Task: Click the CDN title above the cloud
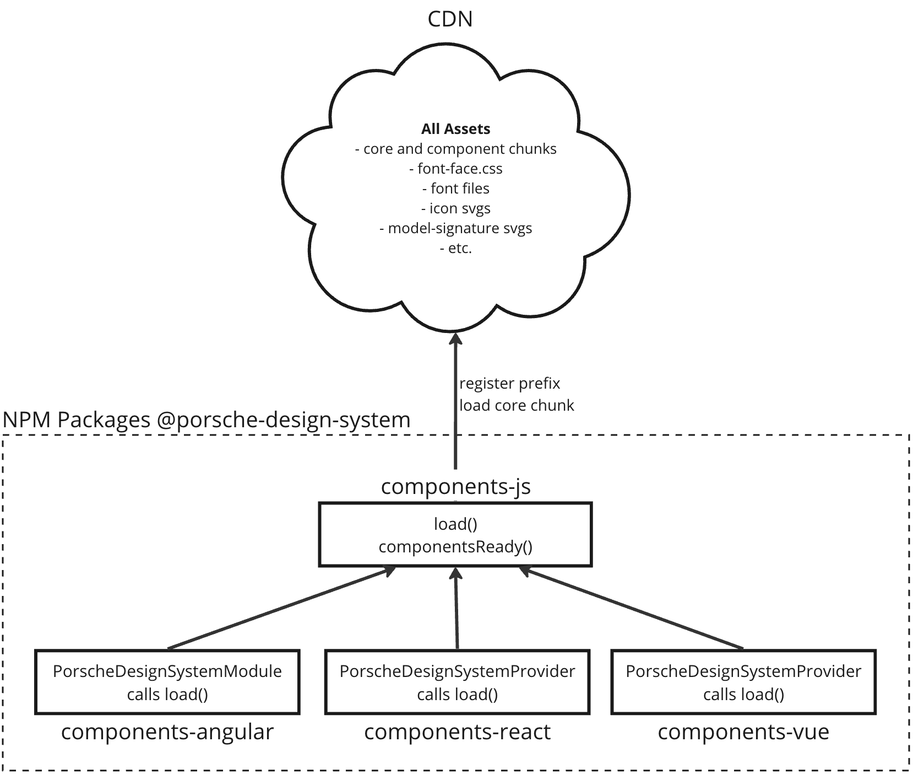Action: click(450, 19)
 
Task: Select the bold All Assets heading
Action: click(455, 129)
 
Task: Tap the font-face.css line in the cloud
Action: click(456, 169)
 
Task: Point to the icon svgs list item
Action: click(456, 208)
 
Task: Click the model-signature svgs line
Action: click(456, 228)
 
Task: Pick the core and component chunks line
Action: click(456, 149)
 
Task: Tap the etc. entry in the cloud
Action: click(456, 248)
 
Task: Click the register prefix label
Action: click(509, 383)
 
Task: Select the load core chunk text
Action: click(517, 405)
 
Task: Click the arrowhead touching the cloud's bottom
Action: click(455, 338)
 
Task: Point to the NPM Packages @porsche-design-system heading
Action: click(206, 420)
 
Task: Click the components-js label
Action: click(455, 486)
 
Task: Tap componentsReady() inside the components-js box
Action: click(455, 547)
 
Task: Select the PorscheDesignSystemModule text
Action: click(167, 671)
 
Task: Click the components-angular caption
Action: click(167, 732)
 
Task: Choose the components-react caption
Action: click(457, 732)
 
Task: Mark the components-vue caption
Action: click(743, 732)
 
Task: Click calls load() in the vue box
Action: click(743, 695)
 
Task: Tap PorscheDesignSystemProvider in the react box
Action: click(457, 671)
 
